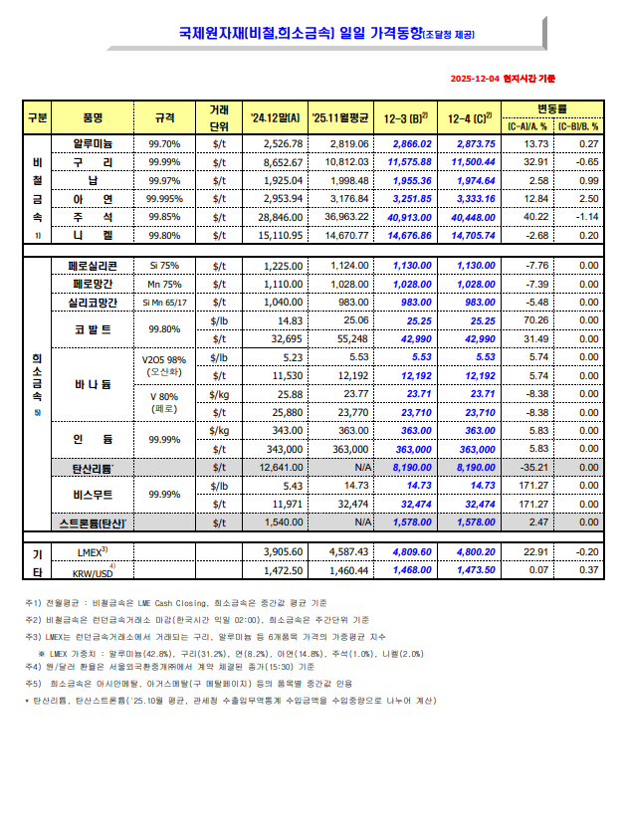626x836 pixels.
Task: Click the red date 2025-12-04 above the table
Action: click(x=475, y=78)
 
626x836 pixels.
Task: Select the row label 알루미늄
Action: click(x=93, y=144)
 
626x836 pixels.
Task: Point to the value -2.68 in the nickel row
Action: click(x=536, y=235)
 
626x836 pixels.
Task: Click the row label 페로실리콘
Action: click(x=93, y=266)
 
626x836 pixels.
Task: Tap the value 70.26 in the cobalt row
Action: click(x=536, y=320)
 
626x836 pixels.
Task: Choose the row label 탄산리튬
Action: click(x=93, y=467)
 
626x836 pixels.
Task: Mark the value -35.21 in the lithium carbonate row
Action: click(x=536, y=467)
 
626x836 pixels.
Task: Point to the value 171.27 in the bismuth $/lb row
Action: click(x=536, y=485)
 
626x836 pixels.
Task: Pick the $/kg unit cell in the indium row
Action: click(x=220, y=430)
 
